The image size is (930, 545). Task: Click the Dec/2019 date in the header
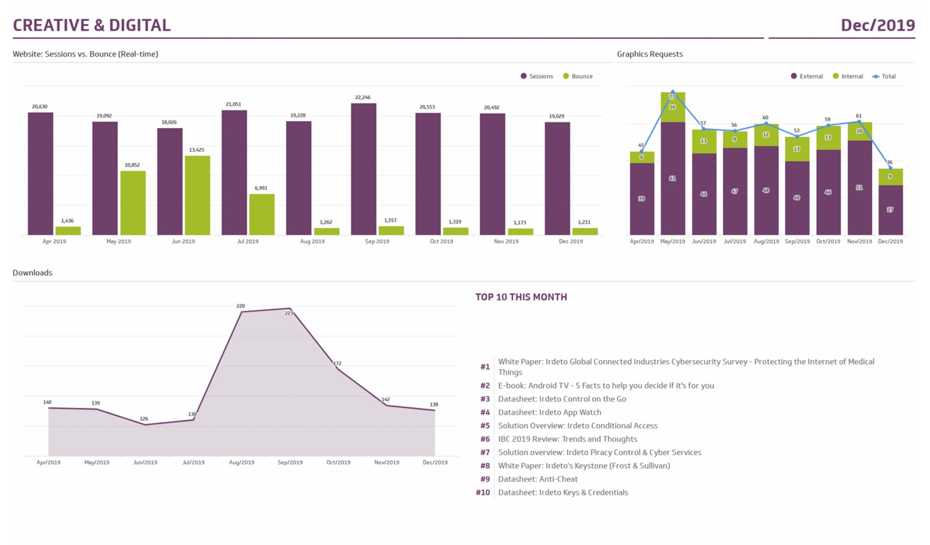(878, 25)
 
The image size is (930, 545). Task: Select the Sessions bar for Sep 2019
(364, 169)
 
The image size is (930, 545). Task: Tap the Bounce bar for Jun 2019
(197, 195)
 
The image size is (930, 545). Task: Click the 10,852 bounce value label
(132, 165)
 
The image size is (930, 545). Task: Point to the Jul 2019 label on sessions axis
(248, 242)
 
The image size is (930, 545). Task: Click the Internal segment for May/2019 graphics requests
(673, 107)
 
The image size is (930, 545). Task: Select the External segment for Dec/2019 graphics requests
(890, 209)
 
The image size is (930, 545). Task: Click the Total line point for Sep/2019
(797, 136)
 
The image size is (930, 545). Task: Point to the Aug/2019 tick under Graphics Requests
(766, 242)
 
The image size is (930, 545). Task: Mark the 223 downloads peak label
(289, 313)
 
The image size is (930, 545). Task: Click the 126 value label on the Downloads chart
(144, 419)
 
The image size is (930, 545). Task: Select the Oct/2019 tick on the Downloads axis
(338, 462)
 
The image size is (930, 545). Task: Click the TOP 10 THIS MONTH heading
(521, 297)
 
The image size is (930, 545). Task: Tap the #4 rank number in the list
(485, 412)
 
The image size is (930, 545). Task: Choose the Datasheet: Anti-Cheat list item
(538, 479)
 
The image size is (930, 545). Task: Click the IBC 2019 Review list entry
(567, 439)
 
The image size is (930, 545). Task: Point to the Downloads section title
(32, 273)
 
